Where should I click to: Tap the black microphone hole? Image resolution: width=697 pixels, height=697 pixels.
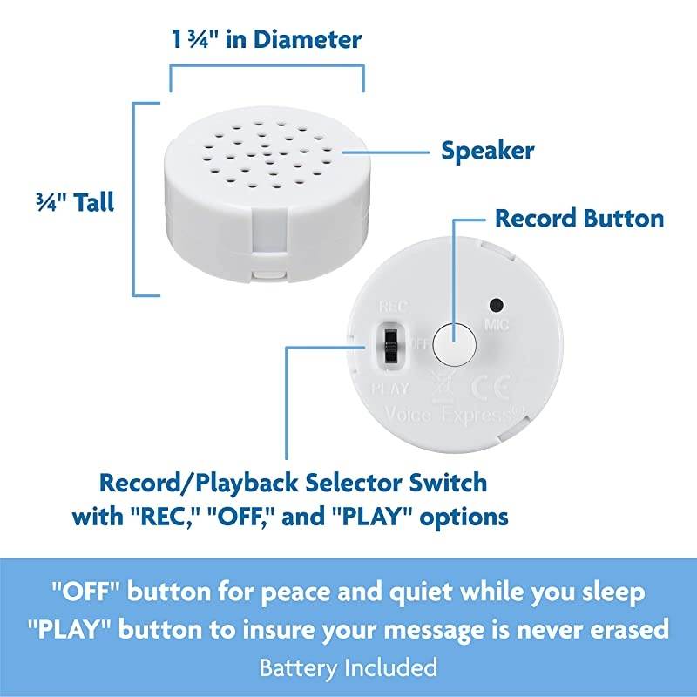click(x=497, y=305)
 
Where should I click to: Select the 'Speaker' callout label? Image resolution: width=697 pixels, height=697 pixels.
click(x=488, y=150)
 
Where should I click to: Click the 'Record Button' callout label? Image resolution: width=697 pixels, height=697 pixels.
click(x=579, y=217)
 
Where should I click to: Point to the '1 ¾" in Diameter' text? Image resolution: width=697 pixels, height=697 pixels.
click(x=265, y=39)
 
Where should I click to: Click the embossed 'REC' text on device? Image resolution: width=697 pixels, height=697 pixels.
click(x=389, y=308)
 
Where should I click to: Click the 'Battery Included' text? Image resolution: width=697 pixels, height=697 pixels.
click(x=348, y=668)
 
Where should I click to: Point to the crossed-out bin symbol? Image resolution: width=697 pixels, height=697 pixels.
click(x=442, y=383)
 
